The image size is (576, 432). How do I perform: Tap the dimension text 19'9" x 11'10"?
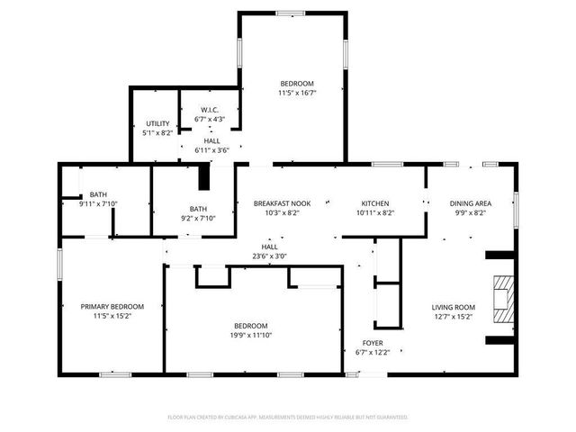251,336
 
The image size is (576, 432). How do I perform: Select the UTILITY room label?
157,123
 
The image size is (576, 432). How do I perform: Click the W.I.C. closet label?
209,111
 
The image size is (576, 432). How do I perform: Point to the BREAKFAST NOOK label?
282,203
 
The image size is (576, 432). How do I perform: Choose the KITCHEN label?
374,203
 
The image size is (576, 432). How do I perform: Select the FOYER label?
373,343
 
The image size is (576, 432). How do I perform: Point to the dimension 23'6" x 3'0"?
270,256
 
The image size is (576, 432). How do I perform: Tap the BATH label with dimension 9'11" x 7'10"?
97,194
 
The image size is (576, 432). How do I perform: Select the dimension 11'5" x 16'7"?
296,92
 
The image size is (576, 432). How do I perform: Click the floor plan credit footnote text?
288,418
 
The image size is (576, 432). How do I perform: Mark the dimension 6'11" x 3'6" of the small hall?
211,150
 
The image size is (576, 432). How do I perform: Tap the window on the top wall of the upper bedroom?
291,13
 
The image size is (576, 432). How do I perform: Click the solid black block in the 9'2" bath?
203,177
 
